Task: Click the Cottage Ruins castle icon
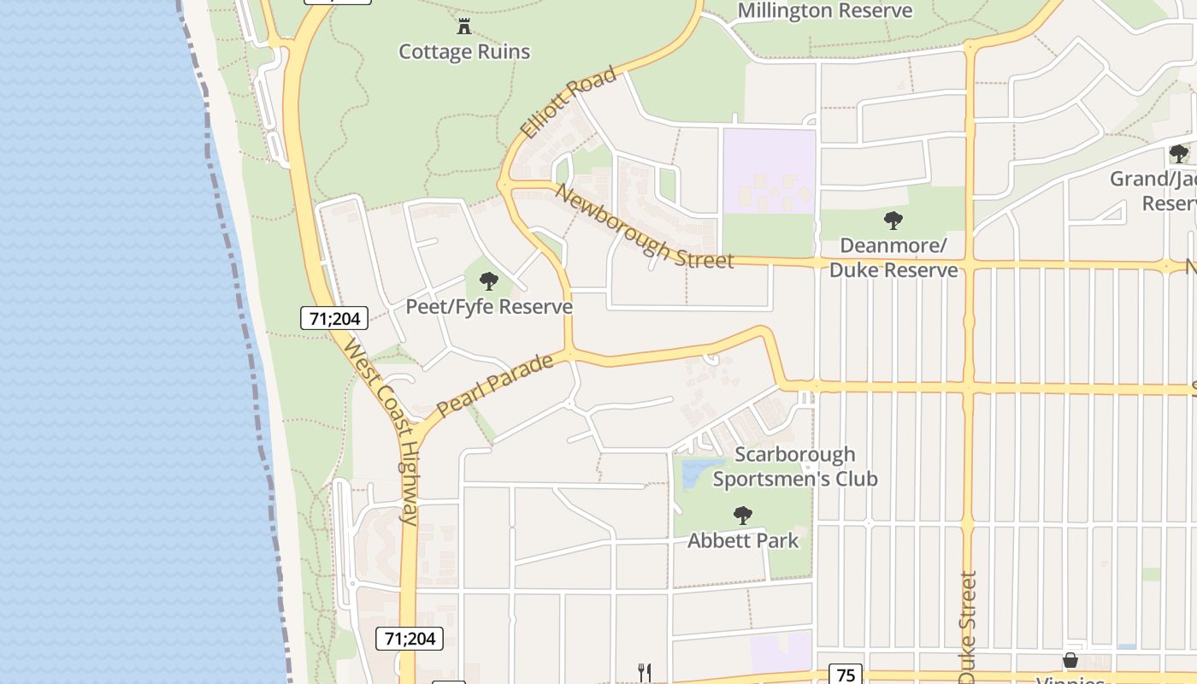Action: pyautogui.click(x=464, y=27)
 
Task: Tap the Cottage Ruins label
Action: pyautogui.click(x=464, y=52)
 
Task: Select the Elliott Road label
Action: pyautogui.click(x=568, y=103)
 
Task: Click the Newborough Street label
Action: pyautogui.click(x=643, y=227)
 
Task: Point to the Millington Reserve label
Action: pyautogui.click(x=824, y=11)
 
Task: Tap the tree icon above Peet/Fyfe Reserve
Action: pyautogui.click(x=488, y=281)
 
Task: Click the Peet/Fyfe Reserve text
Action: pyautogui.click(x=488, y=306)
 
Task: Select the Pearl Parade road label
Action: pyautogui.click(x=494, y=386)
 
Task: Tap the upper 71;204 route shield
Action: pyautogui.click(x=334, y=319)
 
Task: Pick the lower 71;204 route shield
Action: pyautogui.click(x=410, y=638)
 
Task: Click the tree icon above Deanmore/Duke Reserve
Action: pyautogui.click(x=893, y=221)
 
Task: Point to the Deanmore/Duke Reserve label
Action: pyautogui.click(x=893, y=258)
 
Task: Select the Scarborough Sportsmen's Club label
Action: pyautogui.click(x=795, y=467)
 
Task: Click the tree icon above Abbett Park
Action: pyautogui.click(x=743, y=516)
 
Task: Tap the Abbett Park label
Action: pyautogui.click(x=743, y=540)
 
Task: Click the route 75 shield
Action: pyautogui.click(x=845, y=675)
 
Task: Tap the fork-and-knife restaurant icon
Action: pyautogui.click(x=645, y=673)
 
